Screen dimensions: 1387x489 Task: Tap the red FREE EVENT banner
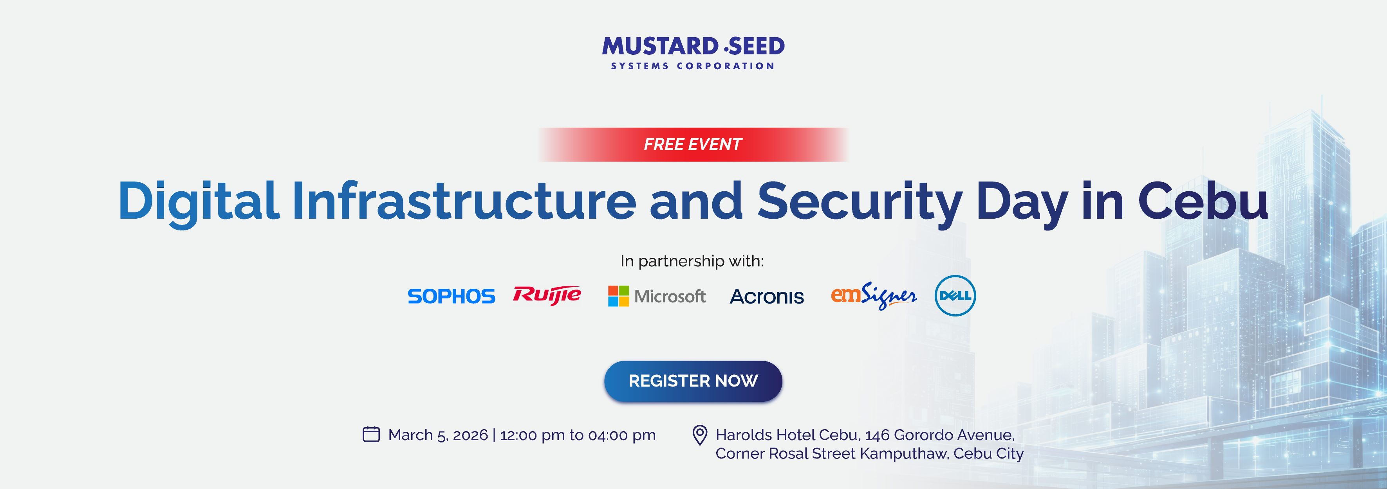[x=693, y=144]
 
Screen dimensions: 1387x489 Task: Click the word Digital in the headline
[x=198, y=202]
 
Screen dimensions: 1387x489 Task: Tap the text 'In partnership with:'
[x=692, y=261]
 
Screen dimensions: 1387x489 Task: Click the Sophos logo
[x=451, y=296]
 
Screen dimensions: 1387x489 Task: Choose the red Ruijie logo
[x=547, y=295]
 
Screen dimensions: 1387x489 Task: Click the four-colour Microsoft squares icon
[x=618, y=296]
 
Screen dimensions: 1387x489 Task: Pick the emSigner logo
[x=873, y=295]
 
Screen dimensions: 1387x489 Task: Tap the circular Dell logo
[x=955, y=295]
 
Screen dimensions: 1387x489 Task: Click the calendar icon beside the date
[x=371, y=434]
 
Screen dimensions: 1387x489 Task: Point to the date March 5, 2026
[x=438, y=435]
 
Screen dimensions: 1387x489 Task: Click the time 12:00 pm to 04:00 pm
[x=578, y=435]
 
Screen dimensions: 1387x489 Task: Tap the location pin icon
[x=699, y=435]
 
